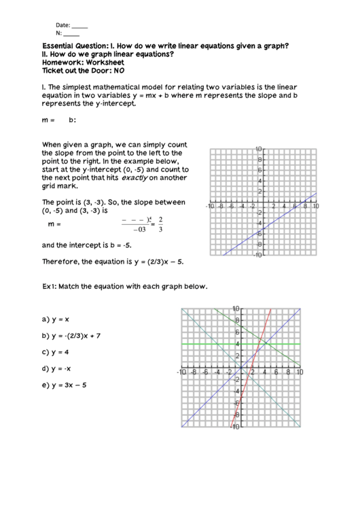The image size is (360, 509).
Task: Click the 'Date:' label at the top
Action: pos(63,25)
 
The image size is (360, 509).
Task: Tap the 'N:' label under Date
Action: pos(59,33)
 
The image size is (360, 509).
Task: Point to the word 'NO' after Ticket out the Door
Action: pos(120,70)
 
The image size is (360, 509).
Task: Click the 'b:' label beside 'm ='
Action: pos(73,120)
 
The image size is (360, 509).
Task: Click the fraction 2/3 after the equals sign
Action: pos(160,224)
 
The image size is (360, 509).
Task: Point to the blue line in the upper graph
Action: pos(285,215)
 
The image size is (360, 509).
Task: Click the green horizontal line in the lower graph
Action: pos(204,345)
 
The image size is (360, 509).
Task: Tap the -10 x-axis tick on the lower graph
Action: pos(181,372)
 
